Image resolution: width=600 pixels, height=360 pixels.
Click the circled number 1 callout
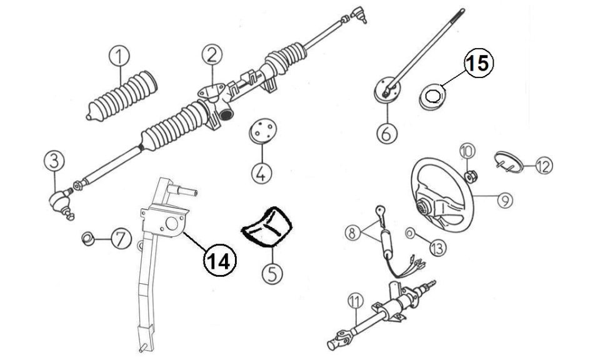click(119, 56)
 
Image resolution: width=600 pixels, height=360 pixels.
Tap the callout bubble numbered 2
click(212, 54)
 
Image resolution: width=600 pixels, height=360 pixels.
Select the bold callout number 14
click(219, 261)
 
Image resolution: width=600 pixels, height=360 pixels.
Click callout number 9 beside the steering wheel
click(505, 199)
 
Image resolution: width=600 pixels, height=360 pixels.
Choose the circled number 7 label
click(121, 239)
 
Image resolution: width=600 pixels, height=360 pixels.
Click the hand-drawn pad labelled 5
click(267, 227)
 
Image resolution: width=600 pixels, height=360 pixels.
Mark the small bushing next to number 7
click(88, 239)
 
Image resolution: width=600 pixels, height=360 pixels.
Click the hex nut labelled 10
click(470, 176)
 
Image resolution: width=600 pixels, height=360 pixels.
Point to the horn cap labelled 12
click(508, 162)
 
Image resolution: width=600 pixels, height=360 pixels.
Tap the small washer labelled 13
click(409, 233)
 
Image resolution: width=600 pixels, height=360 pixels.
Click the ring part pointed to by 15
click(432, 97)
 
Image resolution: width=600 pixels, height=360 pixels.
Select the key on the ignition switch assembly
click(380, 214)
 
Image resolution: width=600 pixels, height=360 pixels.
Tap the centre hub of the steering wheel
click(424, 207)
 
